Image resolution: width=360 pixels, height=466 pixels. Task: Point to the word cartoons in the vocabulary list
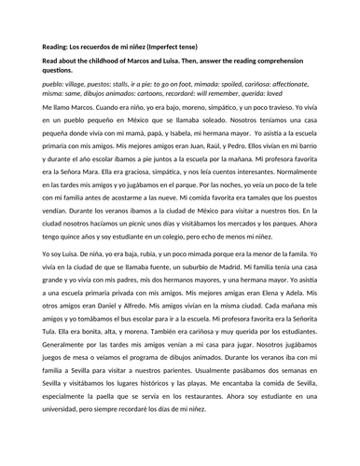(x=145, y=96)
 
